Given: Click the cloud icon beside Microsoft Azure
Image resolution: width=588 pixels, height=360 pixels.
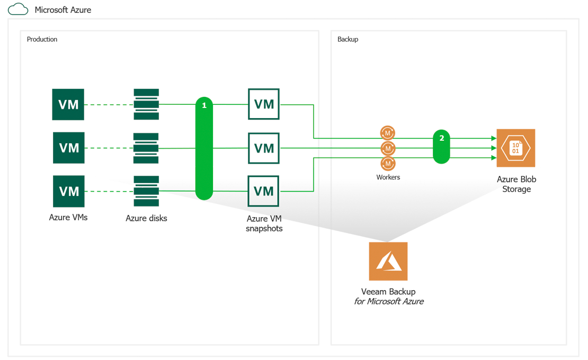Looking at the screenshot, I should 18,9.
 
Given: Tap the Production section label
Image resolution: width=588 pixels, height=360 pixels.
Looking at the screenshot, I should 42,39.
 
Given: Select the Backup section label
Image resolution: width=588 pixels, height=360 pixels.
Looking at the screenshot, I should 348,39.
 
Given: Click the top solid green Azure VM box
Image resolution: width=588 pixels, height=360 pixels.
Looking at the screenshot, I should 68,104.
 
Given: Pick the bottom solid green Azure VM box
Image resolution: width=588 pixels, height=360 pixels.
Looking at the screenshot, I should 69,191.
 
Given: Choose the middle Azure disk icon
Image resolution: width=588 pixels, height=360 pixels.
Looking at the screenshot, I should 146,148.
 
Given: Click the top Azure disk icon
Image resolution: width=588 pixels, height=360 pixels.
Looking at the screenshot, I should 146,104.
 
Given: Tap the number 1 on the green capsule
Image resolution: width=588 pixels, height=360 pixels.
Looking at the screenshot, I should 204,106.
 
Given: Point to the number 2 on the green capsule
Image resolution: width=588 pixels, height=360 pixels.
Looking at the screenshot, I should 441,138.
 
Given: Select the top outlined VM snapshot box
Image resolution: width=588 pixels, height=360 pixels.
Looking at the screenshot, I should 264,104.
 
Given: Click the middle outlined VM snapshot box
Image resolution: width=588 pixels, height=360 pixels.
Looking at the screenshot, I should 264,148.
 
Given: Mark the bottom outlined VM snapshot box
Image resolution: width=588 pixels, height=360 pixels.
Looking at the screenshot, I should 264,191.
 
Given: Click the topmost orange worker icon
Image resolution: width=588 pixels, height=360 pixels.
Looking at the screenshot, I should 388,133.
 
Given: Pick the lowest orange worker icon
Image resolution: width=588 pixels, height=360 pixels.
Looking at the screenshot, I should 388,163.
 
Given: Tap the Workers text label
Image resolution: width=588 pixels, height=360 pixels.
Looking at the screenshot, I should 388,177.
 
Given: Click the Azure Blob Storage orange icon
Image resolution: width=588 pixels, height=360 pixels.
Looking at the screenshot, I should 515,148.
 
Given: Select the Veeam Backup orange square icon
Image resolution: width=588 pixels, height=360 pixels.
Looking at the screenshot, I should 388,262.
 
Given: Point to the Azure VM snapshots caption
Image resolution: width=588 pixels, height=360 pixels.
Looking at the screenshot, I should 264,223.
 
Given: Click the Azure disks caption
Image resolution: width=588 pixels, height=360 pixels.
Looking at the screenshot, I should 146,218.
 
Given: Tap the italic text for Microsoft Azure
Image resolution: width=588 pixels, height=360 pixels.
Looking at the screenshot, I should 388,302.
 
